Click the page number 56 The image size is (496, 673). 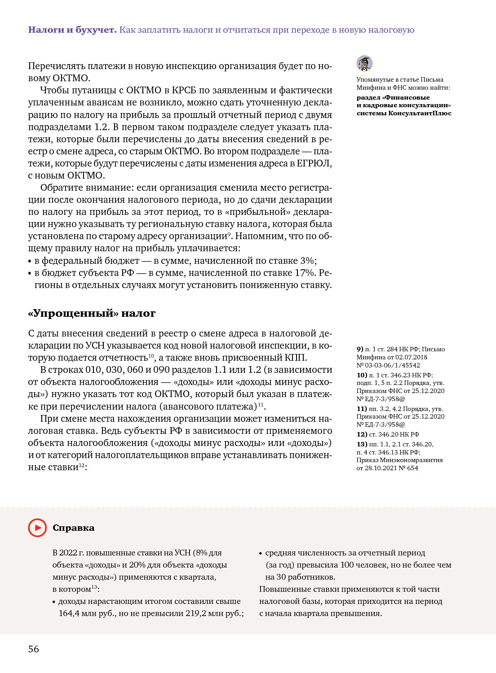pyautogui.click(x=34, y=649)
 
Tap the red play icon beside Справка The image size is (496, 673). pyautogui.click(x=37, y=528)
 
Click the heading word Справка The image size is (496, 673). pyautogui.click(x=73, y=528)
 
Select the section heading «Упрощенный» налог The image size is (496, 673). pyautogui.click(x=92, y=313)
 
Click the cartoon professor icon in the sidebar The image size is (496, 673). pyautogui.click(x=364, y=63)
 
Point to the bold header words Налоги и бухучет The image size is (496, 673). pyautogui.click(x=72, y=30)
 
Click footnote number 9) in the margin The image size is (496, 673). pyautogui.click(x=360, y=349)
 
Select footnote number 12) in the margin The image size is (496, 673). pyautogui.click(x=362, y=434)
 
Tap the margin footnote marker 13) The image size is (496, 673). pyautogui.click(x=362, y=444)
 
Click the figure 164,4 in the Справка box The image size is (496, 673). pyautogui.click(x=70, y=613)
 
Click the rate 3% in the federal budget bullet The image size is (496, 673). pyautogui.click(x=308, y=261)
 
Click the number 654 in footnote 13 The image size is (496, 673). pyautogui.click(x=412, y=468)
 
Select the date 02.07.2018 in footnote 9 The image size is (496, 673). pyautogui.click(x=412, y=357)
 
